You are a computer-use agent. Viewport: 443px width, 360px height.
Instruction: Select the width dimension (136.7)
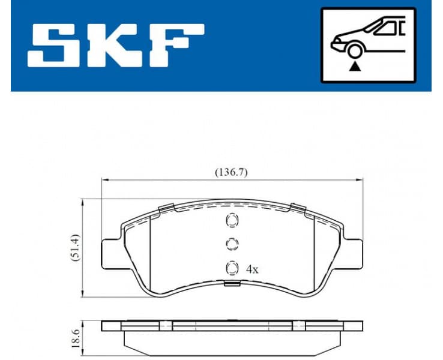[x=232, y=172]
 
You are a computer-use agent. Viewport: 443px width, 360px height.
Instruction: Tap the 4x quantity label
[x=252, y=270]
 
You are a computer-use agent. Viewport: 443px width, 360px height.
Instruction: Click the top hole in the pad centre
[x=231, y=221]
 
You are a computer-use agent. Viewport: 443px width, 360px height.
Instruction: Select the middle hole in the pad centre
[x=231, y=244]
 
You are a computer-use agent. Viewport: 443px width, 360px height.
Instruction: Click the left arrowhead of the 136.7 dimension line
[x=104, y=179]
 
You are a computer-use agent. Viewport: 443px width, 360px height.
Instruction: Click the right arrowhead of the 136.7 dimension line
[x=361, y=179]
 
